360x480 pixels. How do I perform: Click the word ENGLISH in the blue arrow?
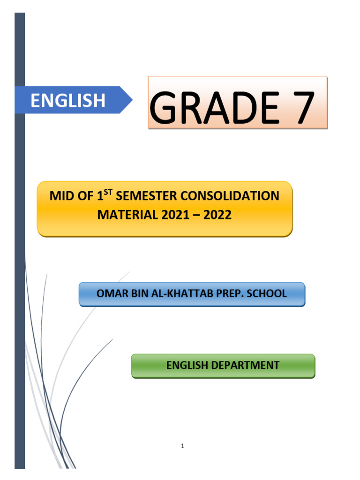(68, 100)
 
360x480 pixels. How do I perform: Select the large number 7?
(299, 108)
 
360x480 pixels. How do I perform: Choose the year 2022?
(217, 215)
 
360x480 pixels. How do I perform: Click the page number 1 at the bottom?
(182, 446)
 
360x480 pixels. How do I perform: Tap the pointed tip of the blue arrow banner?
(131, 100)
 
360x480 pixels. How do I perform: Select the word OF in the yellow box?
(86, 196)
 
